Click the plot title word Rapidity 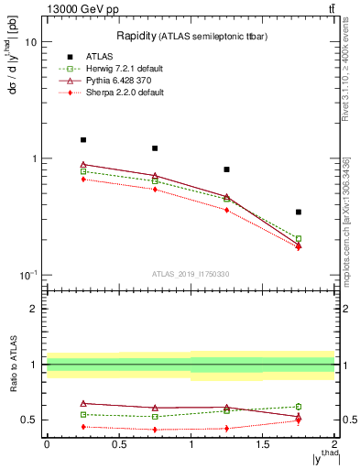pos(136,36)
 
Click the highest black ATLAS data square pos(83,140)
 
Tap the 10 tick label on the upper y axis pos(30,42)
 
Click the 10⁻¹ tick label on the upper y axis pos(27,276)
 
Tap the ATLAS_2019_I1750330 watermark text pos(191,274)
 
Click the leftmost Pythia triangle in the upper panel pos(83,165)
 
